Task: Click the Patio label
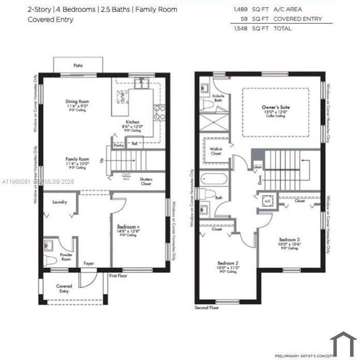click(78, 66)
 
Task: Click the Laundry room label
click(59, 202)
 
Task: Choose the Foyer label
click(88, 264)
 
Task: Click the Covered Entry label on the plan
click(64, 289)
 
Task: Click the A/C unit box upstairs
click(268, 201)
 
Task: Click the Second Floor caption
click(206, 308)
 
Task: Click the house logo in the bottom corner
click(342, 342)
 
